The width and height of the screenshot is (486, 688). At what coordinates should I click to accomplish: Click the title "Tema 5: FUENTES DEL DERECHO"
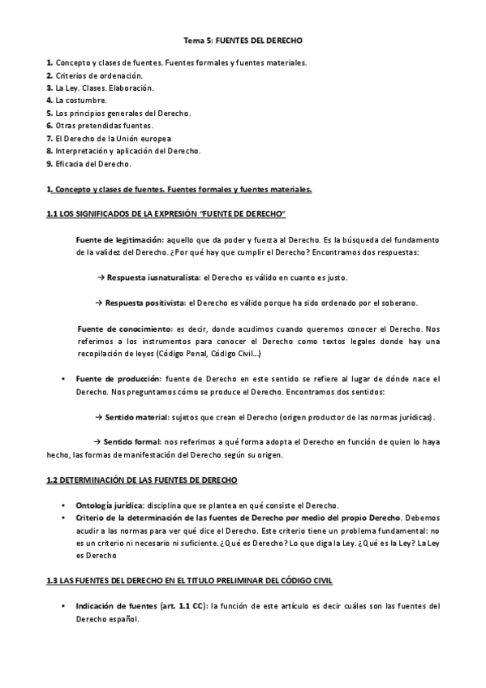[x=243, y=40]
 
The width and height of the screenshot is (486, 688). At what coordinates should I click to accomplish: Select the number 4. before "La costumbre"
[x=49, y=100]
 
